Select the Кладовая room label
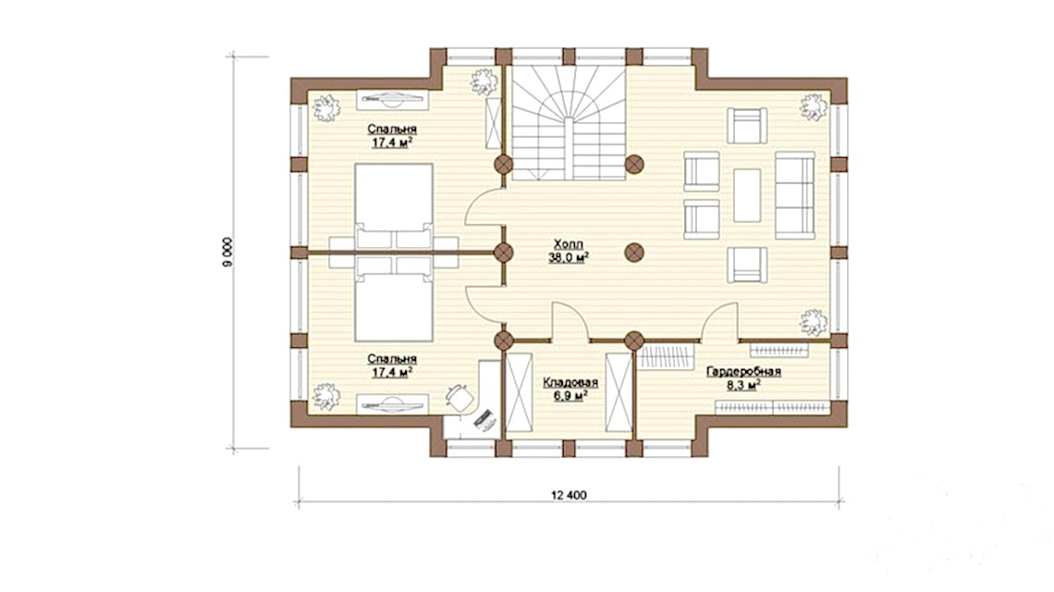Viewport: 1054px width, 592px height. (x=570, y=383)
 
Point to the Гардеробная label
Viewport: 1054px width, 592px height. (x=743, y=371)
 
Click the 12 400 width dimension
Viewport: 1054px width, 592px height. (x=569, y=495)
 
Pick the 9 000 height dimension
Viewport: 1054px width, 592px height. (x=227, y=253)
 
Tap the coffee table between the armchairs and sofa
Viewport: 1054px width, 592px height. (x=747, y=195)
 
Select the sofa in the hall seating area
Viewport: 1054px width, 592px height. (x=795, y=195)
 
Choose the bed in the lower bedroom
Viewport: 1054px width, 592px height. (x=393, y=299)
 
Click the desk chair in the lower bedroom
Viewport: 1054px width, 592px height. (x=459, y=396)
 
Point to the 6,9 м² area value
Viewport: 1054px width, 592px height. (x=570, y=396)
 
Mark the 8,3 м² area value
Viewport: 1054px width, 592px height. (x=743, y=385)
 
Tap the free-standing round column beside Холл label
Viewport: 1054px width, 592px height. (x=634, y=253)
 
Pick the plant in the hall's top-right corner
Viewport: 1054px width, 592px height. (x=813, y=107)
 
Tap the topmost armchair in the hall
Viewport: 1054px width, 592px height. (x=747, y=126)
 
